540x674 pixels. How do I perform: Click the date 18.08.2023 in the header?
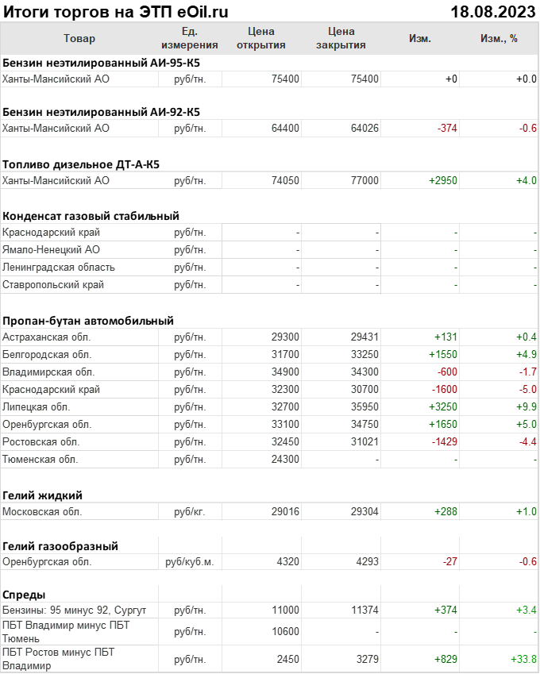point(492,12)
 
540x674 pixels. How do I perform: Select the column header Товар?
point(79,38)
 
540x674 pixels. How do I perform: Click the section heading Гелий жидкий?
point(42,495)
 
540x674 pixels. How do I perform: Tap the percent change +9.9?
point(526,406)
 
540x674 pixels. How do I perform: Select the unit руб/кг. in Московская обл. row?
point(190,512)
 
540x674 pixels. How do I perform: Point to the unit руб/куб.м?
point(190,562)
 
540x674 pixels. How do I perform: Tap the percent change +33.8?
point(523,659)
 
